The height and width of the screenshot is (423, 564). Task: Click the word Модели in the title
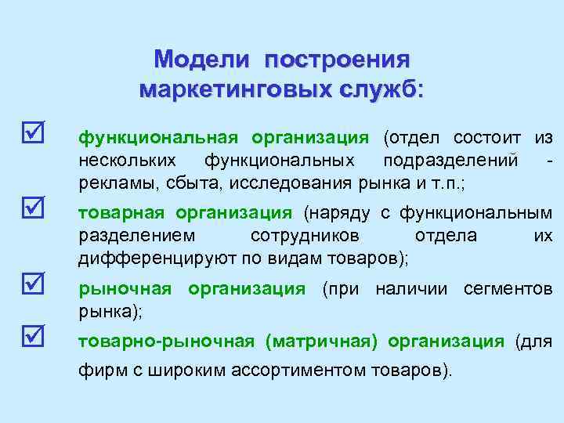tap(201, 60)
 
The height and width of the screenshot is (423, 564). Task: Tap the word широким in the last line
tap(177, 371)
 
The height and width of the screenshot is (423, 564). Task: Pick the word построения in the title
tap(337, 60)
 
